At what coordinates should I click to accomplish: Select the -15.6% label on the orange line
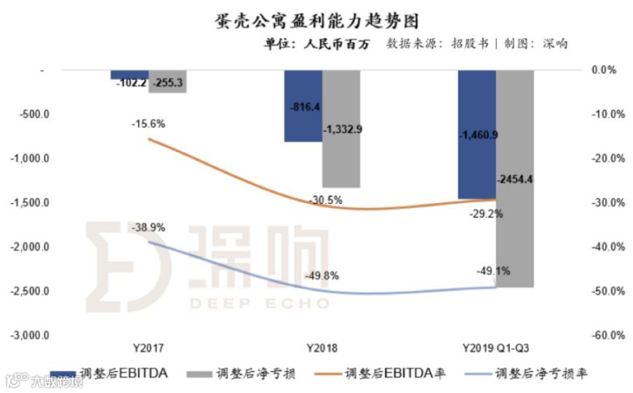(148, 124)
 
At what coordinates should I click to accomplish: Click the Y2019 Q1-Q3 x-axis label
(495, 348)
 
